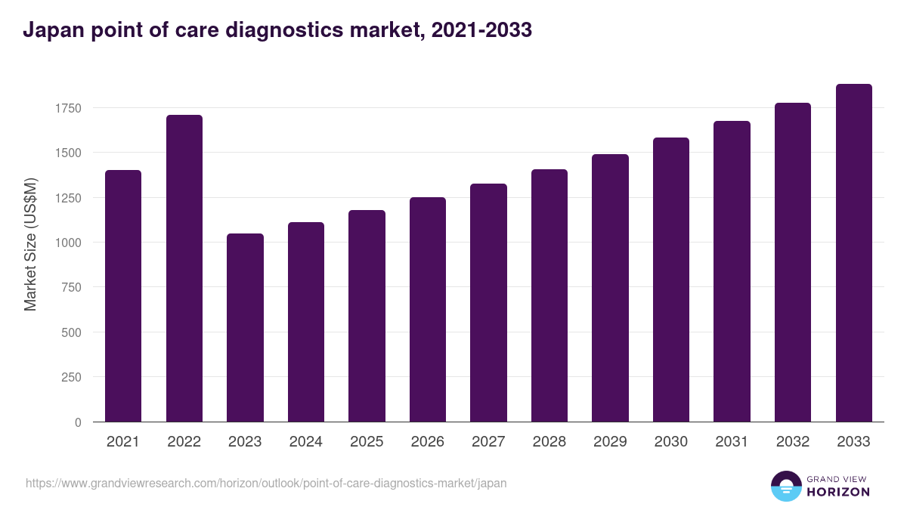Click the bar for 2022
(184, 268)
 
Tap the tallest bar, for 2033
(854, 252)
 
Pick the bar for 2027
(488, 302)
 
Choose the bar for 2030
(671, 280)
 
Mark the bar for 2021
(123, 295)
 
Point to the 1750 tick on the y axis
(69, 108)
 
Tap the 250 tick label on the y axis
(72, 377)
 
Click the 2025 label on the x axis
(367, 442)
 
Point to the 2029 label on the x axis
(610, 442)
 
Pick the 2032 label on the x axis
(793, 442)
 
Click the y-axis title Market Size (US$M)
(31, 244)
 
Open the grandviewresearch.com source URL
(266, 483)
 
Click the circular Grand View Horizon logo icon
(786, 486)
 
